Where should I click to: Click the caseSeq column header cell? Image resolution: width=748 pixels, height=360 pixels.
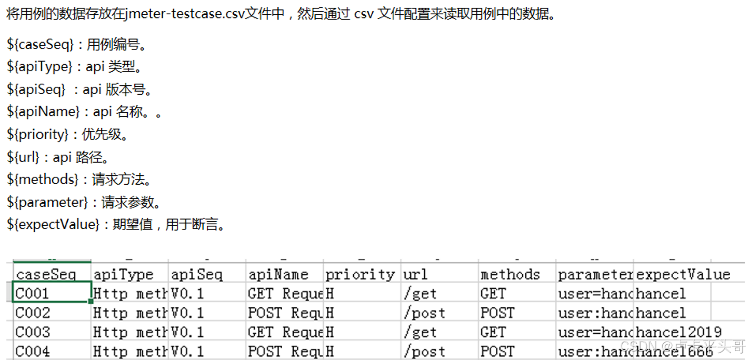pyautogui.click(x=46, y=274)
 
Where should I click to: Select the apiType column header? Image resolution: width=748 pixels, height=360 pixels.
pyautogui.click(x=123, y=274)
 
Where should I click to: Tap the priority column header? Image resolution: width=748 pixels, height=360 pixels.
pyautogui.click(x=360, y=274)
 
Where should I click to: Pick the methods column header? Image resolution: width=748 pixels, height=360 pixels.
pyautogui.click(x=510, y=274)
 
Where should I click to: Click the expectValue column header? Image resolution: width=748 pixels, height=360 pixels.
pyautogui.click(x=683, y=274)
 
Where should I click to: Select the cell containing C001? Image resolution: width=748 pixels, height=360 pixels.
pyautogui.click(x=33, y=294)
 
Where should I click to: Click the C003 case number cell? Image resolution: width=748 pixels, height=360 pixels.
pyautogui.click(x=33, y=333)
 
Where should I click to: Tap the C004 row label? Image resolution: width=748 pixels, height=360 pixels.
pyautogui.click(x=33, y=352)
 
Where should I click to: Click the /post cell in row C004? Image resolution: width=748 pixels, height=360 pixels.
pyautogui.click(x=424, y=352)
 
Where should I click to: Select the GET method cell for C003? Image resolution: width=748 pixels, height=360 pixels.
pyautogui.click(x=493, y=333)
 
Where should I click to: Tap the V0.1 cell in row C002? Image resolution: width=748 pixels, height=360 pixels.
pyautogui.click(x=187, y=313)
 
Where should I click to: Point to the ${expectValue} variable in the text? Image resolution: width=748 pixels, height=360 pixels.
pyautogui.click(x=53, y=225)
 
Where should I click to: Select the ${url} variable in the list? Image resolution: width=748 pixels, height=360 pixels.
pyautogui.click(x=24, y=157)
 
